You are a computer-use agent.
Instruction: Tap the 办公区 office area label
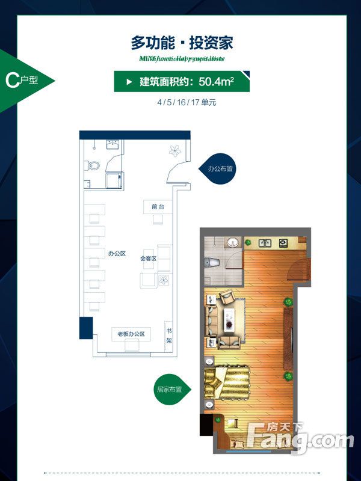117,254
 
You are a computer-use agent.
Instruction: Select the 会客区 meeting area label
149,259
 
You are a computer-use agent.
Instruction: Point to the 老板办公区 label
131,334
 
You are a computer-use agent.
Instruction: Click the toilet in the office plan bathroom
90,165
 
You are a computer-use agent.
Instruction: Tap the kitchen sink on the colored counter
264,243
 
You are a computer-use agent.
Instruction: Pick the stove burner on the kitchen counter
283,243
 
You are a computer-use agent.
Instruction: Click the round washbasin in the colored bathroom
233,242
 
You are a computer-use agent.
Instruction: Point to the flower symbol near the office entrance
175,150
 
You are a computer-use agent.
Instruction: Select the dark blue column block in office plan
86,328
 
